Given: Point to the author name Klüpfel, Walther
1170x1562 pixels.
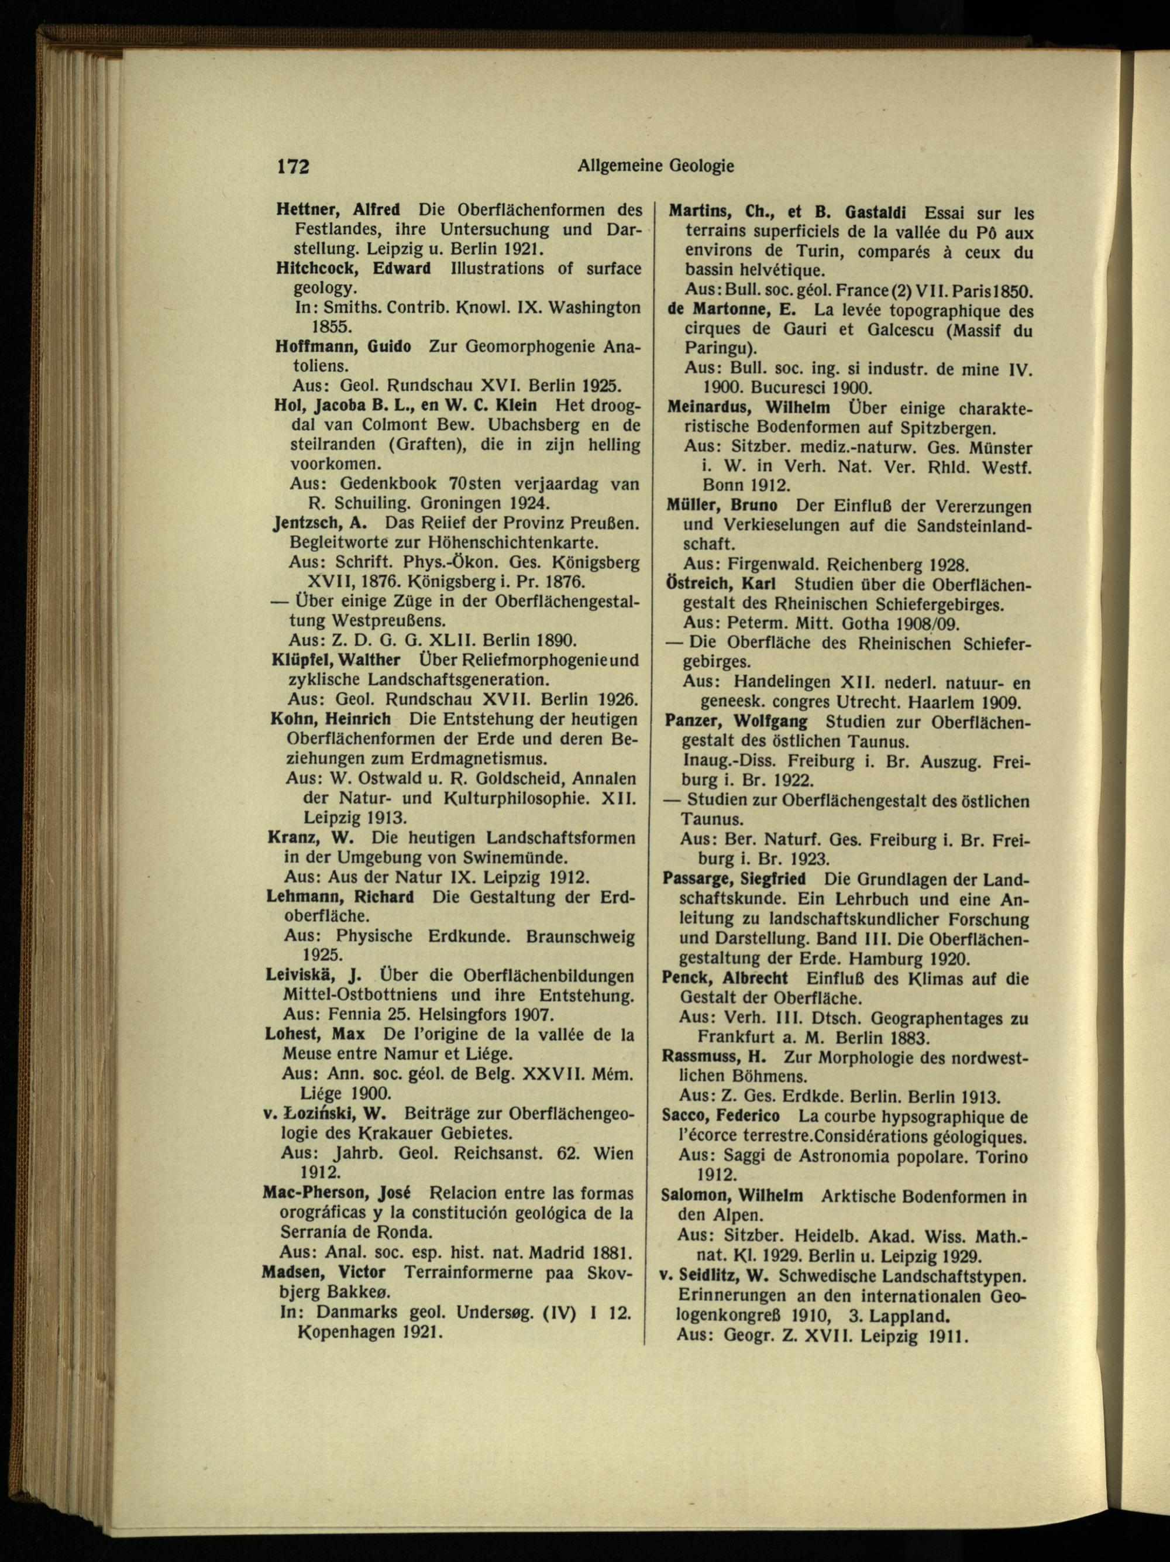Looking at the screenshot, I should [336, 660].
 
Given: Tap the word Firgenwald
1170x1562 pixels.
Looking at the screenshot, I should [774, 565].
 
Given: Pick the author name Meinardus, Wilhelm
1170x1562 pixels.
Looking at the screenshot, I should [749, 408].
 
